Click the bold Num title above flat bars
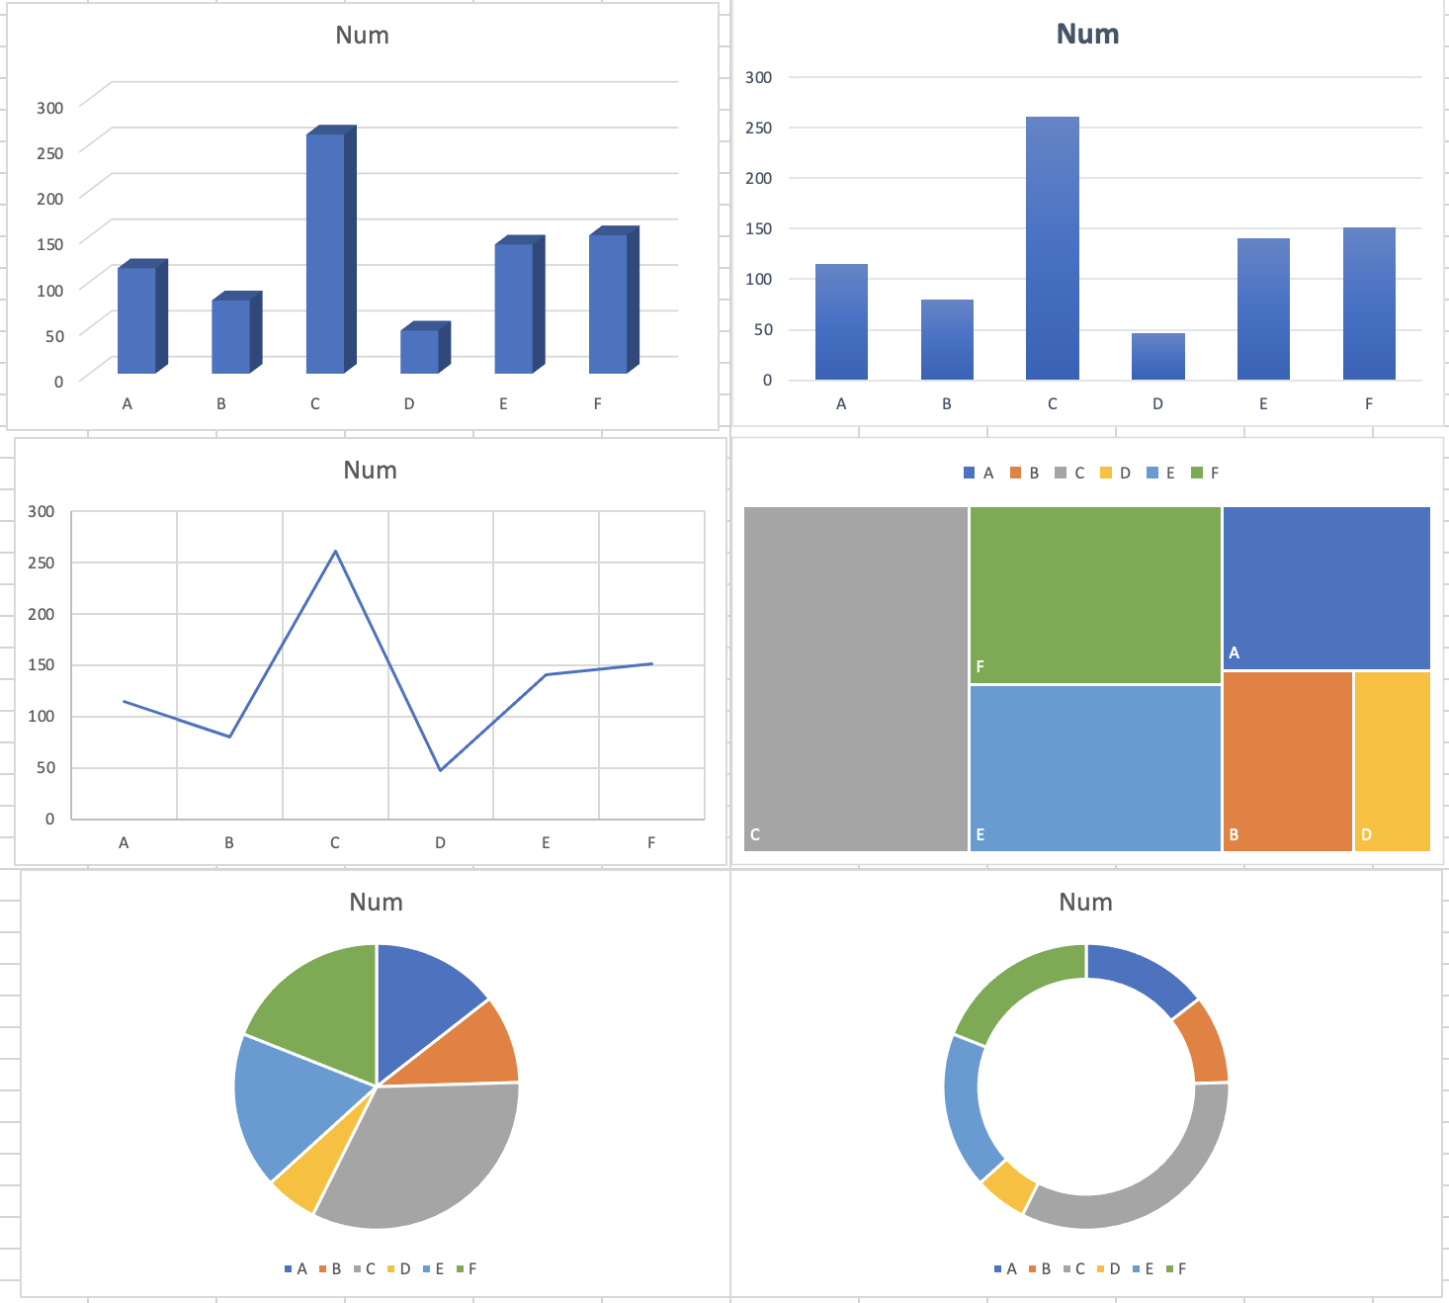[1087, 35]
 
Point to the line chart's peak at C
[336, 552]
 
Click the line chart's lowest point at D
[441, 769]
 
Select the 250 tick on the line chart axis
[42, 563]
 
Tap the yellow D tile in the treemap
[1392, 760]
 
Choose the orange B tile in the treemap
[1287, 760]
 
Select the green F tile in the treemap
[1095, 594]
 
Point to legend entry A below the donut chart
[1006, 1269]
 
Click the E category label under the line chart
[546, 843]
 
